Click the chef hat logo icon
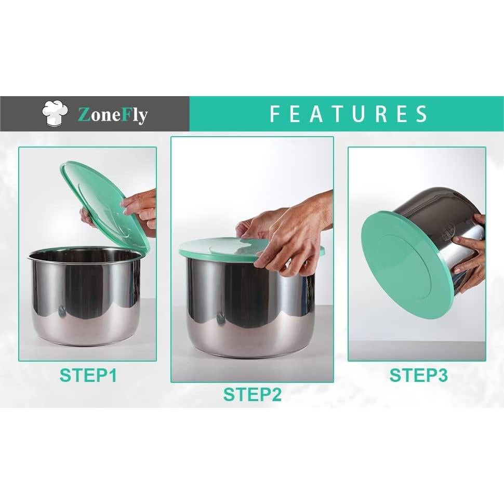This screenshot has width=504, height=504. tap(56, 113)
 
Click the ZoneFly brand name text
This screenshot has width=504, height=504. tap(112, 114)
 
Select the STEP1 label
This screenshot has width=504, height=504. tap(88, 375)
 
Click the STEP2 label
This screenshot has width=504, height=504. tap(252, 395)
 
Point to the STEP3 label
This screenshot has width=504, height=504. tap(418, 375)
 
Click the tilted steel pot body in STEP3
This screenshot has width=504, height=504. tap(442, 218)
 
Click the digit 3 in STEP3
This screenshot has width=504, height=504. tap(441, 375)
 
